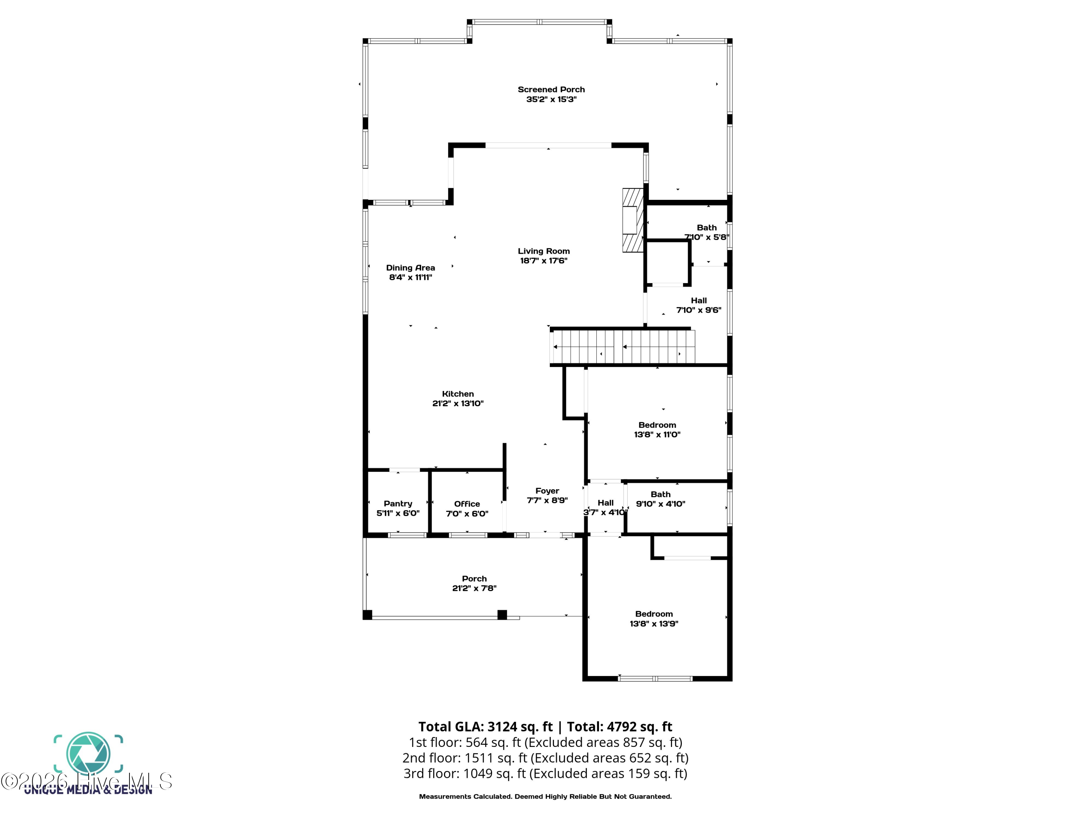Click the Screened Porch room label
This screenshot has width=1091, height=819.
(x=551, y=89)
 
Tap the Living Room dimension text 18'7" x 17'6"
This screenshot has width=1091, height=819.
(x=544, y=261)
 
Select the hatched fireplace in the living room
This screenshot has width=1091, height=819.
(x=633, y=221)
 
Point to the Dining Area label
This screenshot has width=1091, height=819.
(x=410, y=268)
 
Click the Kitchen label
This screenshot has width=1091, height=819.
(x=458, y=394)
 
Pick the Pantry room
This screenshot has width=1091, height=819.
(x=397, y=503)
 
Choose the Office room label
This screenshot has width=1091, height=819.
(x=467, y=503)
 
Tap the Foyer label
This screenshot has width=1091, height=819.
(x=547, y=491)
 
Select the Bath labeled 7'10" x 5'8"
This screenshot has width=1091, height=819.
(x=706, y=227)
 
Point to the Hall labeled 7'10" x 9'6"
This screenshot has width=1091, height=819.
(x=698, y=301)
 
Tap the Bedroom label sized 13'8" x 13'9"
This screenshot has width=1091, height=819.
(x=654, y=614)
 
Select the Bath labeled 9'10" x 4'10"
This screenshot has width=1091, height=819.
(x=660, y=495)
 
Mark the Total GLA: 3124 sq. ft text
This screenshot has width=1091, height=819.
(x=485, y=727)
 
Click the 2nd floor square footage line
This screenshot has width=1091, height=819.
(x=545, y=758)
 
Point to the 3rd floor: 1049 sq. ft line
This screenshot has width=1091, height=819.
(x=545, y=773)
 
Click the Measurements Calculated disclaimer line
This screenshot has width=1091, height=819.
(x=545, y=796)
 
